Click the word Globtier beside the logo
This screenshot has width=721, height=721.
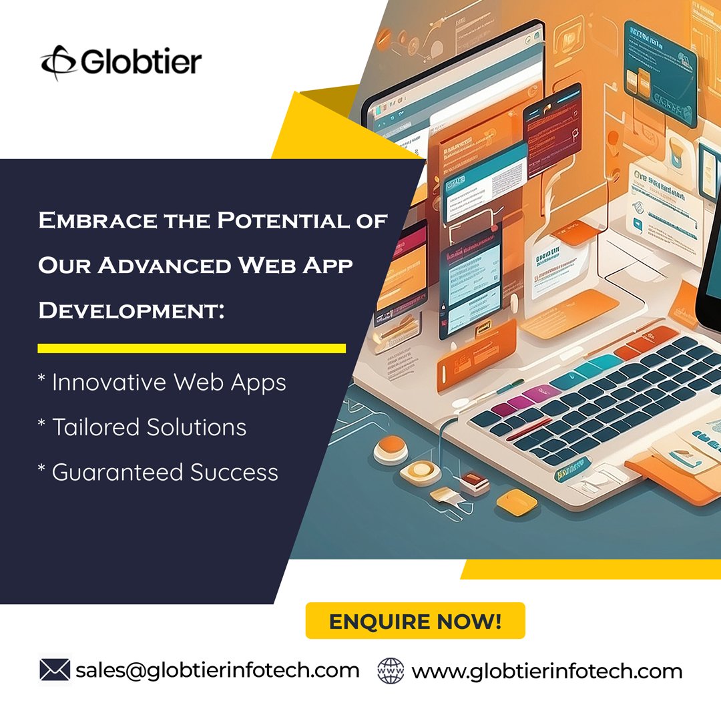[141, 62]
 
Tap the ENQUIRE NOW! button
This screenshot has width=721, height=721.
[415, 621]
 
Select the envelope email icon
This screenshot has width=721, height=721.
[55, 670]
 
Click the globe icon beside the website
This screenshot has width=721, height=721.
[391, 670]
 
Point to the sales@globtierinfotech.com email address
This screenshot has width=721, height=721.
[217, 670]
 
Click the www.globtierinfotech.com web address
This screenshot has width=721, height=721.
[547, 671]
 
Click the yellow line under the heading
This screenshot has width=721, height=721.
[192, 348]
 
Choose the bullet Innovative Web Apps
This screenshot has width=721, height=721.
[162, 383]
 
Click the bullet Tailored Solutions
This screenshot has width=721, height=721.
[142, 427]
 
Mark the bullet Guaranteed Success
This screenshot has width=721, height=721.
[158, 472]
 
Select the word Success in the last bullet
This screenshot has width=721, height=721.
[234, 472]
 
